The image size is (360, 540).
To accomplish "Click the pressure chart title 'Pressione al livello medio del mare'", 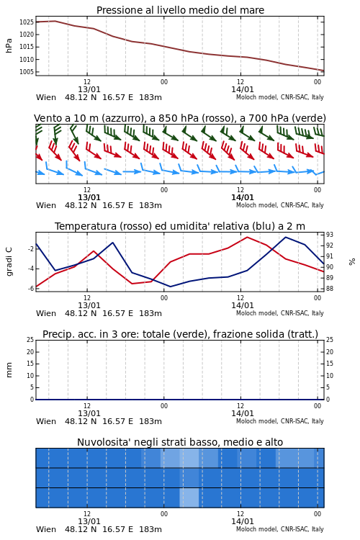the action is tap(180, 10).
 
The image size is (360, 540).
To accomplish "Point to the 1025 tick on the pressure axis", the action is tap(26, 22).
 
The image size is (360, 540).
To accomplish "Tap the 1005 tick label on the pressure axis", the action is tap(26, 72).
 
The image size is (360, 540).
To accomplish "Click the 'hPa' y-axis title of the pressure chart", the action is tap(9, 45).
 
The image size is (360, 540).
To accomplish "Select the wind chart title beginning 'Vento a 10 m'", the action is tap(180, 119).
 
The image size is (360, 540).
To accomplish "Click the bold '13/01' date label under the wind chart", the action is tap(89, 197).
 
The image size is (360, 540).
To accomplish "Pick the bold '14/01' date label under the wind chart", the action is tap(243, 197).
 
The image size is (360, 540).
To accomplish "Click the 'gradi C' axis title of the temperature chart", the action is tap(9, 261).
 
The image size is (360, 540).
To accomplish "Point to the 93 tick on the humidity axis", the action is tap(330, 235).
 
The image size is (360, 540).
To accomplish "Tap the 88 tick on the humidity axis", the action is tap(330, 289).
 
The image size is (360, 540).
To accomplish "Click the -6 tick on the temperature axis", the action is tap(30, 289).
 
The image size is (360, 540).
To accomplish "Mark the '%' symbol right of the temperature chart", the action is tap(352, 262).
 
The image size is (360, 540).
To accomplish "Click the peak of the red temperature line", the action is tap(247, 237).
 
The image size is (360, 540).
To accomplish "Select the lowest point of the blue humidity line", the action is tap(170, 287).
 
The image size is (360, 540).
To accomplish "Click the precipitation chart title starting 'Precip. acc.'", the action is tap(180, 334).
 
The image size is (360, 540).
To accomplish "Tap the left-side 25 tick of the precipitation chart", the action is tap(30, 340).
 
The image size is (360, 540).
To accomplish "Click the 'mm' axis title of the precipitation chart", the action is tap(9, 370).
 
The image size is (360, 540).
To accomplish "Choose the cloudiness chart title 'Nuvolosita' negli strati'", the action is tap(180, 443).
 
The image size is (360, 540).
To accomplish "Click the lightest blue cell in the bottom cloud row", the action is tap(189, 498).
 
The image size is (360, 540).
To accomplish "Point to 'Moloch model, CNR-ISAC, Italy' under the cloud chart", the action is tap(280, 529).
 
